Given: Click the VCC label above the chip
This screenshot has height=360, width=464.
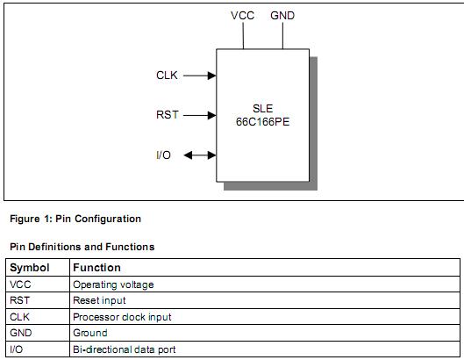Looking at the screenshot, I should coord(242,16).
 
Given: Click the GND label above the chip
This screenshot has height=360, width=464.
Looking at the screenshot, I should coord(282,16).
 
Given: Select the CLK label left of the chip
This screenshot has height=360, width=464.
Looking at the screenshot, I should coord(167,76).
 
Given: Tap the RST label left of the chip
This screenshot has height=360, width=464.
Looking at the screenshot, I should coord(167,115).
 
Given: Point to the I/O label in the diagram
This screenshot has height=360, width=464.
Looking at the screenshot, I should coord(163,155).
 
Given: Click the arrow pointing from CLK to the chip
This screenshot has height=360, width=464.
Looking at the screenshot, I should coord(200,76).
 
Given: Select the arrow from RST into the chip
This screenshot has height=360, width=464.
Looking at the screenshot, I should coord(200,115).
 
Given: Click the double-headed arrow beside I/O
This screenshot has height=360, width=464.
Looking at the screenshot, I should coord(198,155).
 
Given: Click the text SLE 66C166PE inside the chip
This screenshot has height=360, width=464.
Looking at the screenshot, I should coord(262,115).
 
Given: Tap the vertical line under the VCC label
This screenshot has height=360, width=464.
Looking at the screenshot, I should coord(242,36).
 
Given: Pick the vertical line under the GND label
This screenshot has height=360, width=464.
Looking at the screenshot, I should coord(282,36).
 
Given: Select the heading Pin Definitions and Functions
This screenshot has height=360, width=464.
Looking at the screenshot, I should coord(82,247).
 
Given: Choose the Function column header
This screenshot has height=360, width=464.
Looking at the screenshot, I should coord(96,267).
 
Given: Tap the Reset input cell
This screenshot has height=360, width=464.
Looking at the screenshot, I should coord(99,300).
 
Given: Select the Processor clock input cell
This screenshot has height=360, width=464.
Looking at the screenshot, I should coord(122,316).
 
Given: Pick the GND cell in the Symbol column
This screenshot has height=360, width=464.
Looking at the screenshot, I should coord(21,333).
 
